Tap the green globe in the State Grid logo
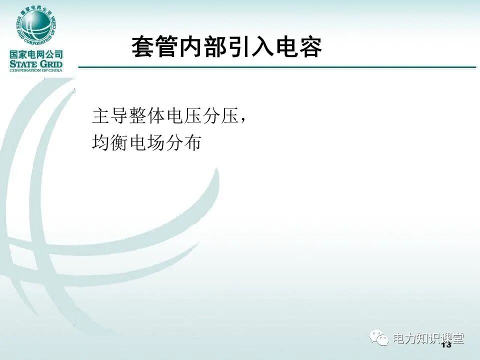(x=36, y=25)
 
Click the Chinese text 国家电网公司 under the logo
(x=36, y=54)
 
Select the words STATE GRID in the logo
(x=36, y=63)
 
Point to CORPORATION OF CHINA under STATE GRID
(x=36, y=70)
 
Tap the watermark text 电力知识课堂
(x=428, y=338)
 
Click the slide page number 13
(x=446, y=345)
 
